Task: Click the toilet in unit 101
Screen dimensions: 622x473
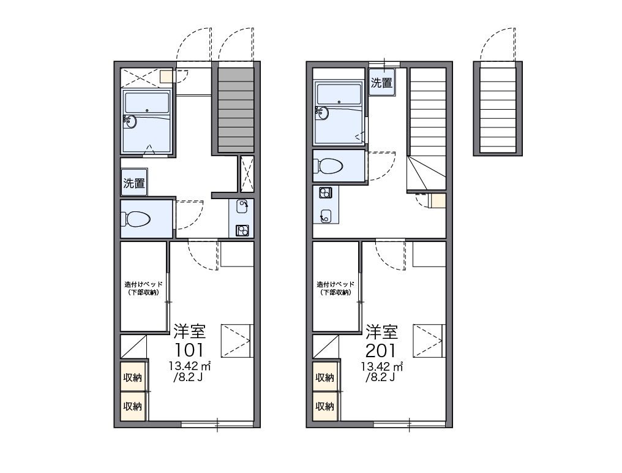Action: pos(136,219)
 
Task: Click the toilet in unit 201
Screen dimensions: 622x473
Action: pos(328,165)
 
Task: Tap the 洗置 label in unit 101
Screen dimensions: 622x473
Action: pos(134,183)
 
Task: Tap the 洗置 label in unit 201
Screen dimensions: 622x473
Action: pos(381,83)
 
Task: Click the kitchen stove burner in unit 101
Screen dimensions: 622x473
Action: pos(242,230)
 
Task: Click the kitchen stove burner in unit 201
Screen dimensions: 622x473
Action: pos(326,193)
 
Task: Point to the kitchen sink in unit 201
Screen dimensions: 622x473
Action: pos(326,216)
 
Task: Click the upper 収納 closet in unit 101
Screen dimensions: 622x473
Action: pos(133,376)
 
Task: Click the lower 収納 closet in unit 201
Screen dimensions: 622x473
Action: pos(325,406)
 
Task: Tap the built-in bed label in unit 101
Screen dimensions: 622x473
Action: pos(144,289)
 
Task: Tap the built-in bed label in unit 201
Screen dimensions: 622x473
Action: pos(335,289)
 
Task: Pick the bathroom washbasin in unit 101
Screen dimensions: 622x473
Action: pos(130,121)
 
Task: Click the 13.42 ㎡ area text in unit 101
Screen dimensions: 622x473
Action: pos(190,365)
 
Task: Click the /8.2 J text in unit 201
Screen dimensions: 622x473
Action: pos(380,377)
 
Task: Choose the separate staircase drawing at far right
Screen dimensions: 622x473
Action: pos(498,108)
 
